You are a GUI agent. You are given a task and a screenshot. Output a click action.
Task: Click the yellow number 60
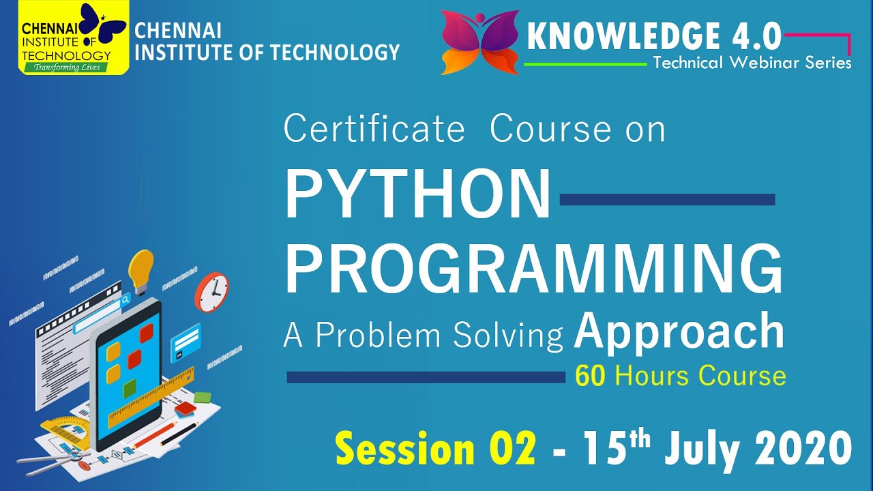tap(590, 376)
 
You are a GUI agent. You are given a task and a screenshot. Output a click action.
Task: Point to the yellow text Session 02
tap(435, 450)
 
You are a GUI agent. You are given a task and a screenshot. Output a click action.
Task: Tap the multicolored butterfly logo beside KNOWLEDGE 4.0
tap(481, 41)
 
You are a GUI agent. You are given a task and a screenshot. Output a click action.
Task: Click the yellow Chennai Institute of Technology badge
tap(73, 38)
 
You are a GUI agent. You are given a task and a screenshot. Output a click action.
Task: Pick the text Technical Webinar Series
tap(752, 63)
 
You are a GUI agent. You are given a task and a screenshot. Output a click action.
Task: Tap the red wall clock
tap(212, 292)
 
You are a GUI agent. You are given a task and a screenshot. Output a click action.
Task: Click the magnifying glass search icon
tap(126, 299)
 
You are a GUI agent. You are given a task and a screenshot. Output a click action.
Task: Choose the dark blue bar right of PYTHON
tap(666, 199)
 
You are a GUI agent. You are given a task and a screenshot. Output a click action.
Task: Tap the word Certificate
tap(374, 130)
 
